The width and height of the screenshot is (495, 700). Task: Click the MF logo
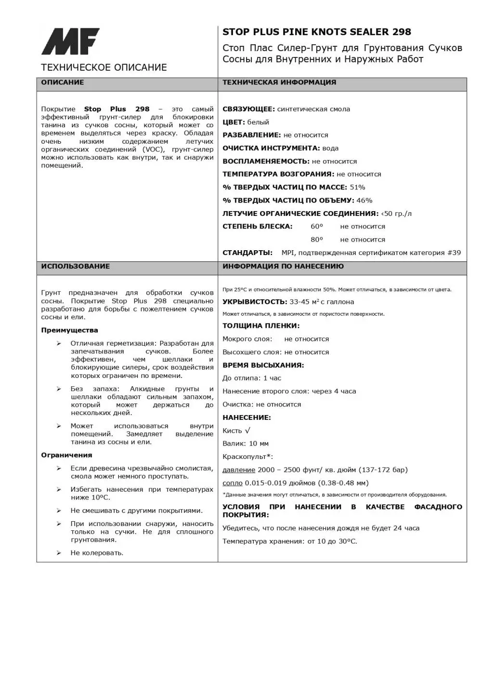pyautogui.click(x=70, y=41)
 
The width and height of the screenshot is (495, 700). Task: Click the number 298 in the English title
pyautogui.click(x=402, y=32)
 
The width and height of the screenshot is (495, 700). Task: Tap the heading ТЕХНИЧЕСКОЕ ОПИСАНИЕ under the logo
pyautogui.click(x=104, y=67)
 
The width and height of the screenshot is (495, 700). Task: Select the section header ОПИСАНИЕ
pyautogui.click(x=63, y=82)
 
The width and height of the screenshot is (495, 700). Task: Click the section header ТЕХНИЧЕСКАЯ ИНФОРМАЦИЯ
pyautogui.click(x=279, y=82)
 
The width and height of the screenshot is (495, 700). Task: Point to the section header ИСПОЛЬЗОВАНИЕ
pyautogui.click(x=75, y=266)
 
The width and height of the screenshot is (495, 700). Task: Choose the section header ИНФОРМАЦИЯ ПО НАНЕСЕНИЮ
pyautogui.click(x=283, y=266)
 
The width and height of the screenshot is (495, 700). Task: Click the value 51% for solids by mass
pyautogui.click(x=357, y=188)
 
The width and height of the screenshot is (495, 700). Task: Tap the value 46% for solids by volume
pyautogui.click(x=365, y=201)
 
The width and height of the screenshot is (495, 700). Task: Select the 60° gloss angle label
pyautogui.click(x=317, y=227)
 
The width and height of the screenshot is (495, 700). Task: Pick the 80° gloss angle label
pyautogui.click(x=317, y=240)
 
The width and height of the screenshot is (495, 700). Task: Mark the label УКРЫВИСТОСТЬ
pyautogui.click(x=255, y=302)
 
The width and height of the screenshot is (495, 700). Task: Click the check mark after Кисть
pyautogui.click(x=247, y=431)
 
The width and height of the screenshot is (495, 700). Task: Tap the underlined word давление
pyautogui.click(x=239, y=470)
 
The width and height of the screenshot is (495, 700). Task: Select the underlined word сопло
pyautogui.click(x=232, y=483)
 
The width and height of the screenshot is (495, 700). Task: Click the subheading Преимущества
pyautogui.click(x=69, y=330)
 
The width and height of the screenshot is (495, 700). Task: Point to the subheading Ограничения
pyautogui.click(x=66, y=455)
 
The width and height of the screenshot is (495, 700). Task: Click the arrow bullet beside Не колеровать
pyautogui.click(x=59, y=553)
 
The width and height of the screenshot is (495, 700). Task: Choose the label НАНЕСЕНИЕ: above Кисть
pyautogui.click(x=247, y=417)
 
